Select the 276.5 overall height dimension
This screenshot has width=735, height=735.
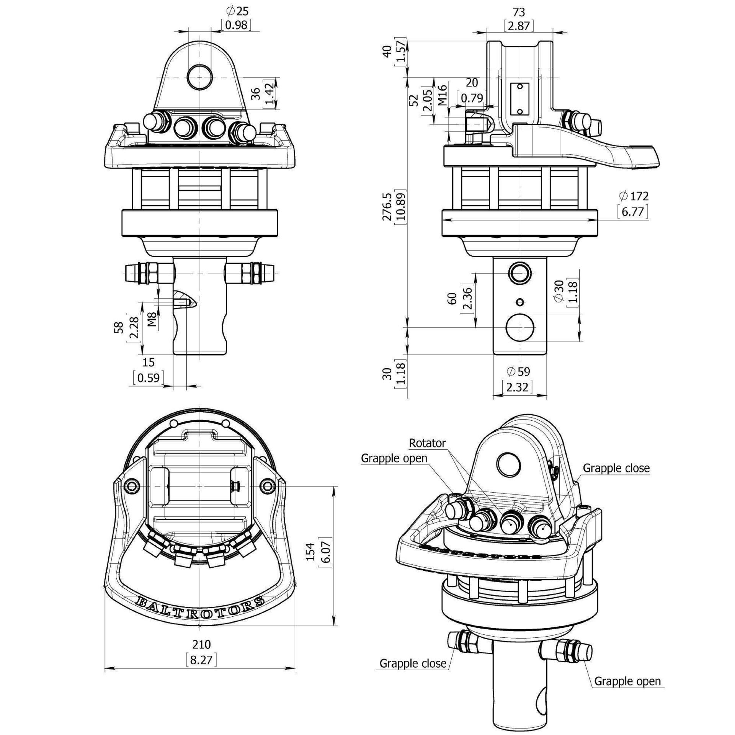(x=387, y=206)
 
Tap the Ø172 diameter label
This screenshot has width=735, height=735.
(x=634, y=196)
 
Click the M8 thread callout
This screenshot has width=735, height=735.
(x=152, y=319)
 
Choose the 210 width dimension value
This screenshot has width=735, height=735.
(x=201, y=644)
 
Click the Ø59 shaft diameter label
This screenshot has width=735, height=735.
(x=518, y=371)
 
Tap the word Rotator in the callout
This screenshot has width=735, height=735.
(x=428, y=443)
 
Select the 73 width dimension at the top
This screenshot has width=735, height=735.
(x=519, y=12)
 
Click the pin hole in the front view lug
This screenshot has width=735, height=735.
(x=199, y=77)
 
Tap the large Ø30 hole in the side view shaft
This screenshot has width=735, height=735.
(x=520, y=328)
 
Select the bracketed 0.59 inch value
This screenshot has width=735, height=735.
(x=149, y=378)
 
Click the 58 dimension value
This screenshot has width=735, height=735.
(x=119, y=327)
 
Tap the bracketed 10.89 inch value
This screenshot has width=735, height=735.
(x=400, y=207)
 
